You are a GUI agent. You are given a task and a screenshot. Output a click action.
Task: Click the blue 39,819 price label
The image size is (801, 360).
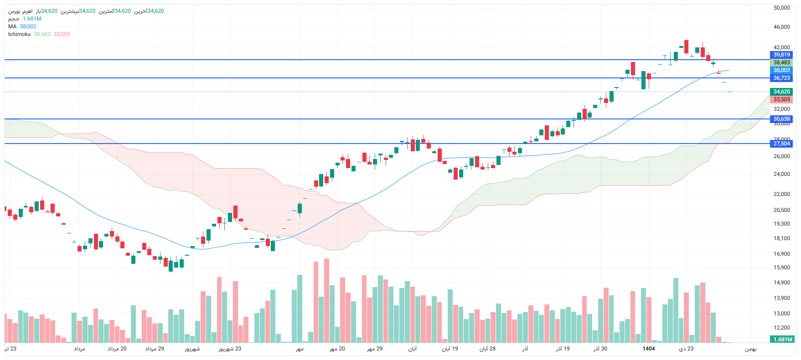click(781, 55)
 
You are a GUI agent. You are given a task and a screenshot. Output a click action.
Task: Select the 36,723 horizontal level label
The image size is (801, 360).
click(781, 78)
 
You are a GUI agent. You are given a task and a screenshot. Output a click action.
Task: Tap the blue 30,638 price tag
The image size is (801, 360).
click(781, 119)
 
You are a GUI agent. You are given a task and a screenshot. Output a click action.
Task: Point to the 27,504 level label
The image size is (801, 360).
click(781, 144)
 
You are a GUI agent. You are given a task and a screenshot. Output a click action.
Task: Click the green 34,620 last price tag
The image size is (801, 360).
click(781, 92)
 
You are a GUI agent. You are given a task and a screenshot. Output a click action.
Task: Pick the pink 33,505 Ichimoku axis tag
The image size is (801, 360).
click(781, 99)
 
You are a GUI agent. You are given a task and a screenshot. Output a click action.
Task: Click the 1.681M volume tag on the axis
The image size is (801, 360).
click(783, 339)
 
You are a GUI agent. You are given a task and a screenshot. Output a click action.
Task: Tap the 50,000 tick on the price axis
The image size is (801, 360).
click(781, 8)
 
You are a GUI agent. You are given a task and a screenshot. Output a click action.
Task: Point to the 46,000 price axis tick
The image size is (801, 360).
click(781, 27)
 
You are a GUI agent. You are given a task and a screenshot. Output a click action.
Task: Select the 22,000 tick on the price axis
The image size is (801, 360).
click(781, 194)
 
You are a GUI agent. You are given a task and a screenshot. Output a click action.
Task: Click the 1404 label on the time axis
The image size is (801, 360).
click(648, 349)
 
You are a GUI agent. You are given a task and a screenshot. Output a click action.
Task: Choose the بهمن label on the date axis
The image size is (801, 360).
click(750, 349)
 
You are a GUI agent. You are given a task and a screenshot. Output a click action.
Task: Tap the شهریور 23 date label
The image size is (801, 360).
click(229, 349)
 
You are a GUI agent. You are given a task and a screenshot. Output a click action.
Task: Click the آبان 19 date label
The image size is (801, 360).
click(450, 349)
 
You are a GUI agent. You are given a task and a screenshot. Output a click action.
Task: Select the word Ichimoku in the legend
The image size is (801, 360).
click(19, 34)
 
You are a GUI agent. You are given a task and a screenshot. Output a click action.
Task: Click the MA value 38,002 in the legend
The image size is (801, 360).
click(28, 26)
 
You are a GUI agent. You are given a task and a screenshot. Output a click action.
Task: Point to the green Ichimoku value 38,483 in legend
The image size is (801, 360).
click(42, 34)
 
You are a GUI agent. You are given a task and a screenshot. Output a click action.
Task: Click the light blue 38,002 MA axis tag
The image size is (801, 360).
click(781, 70)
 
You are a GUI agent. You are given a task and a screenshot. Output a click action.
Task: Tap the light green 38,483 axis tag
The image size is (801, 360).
click(781, 62)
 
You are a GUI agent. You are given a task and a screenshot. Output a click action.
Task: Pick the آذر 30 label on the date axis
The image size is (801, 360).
click(600, 349)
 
